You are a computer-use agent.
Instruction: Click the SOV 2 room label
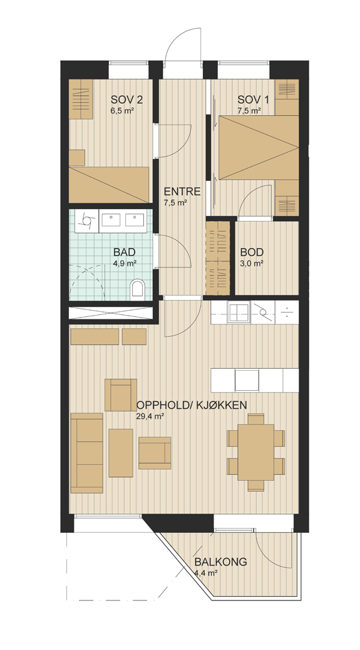pos(126,100)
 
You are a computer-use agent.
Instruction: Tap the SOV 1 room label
pos(253,100)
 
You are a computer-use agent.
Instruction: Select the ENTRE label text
pos(182,192)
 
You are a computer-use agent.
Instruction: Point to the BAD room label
pos(125,252)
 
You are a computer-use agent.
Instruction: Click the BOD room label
pos(252,252)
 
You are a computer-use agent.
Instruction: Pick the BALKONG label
pos(221,562)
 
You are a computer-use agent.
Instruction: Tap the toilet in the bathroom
pos(137,289)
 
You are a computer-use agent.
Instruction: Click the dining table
pos(256,452)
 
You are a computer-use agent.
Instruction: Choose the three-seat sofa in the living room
pos(87,453)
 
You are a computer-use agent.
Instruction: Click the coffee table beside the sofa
pos(121,453)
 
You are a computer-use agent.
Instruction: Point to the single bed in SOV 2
pos(109,185)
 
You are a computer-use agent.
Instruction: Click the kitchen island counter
pos(255,380)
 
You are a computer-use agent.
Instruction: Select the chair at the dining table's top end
pos(256,419)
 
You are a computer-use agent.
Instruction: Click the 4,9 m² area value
pos(125,262)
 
